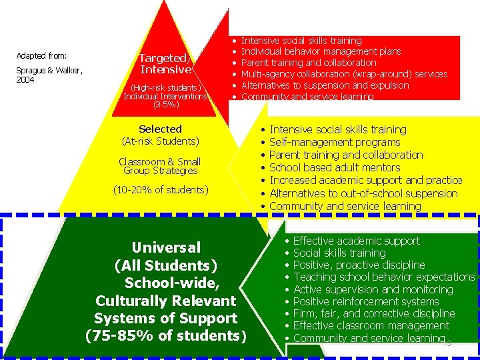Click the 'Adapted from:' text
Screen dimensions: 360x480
[41, 55]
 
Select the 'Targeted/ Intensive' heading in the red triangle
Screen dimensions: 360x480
[165, 63]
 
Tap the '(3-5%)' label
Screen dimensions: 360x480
[165, 105]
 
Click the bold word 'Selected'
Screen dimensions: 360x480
[160, 129]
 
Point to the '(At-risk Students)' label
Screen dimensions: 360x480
[160, 141]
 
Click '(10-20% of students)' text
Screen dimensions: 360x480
[160, 190]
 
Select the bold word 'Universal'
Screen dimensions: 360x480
[165, 247]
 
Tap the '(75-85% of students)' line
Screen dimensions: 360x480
[165, 335]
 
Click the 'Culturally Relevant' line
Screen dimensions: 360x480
[165, 301]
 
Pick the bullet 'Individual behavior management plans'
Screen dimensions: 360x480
[321, 51]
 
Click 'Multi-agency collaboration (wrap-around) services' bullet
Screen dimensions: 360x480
[344, 74]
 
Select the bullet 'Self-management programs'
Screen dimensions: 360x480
[335, 142]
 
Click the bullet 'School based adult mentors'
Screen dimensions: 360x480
[335, 167]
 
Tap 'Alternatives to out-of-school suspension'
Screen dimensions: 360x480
[363, 193]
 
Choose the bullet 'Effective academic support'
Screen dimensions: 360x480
[356, 241]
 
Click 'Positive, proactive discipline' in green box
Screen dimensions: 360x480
[359, 265]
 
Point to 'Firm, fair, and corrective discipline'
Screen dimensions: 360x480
[373, 313]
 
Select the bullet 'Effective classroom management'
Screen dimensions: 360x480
[371, 325]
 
